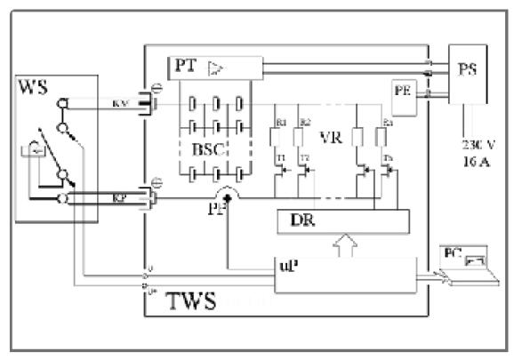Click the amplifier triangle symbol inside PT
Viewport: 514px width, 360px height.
click(213, 67)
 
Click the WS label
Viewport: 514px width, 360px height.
click(35, 89)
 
